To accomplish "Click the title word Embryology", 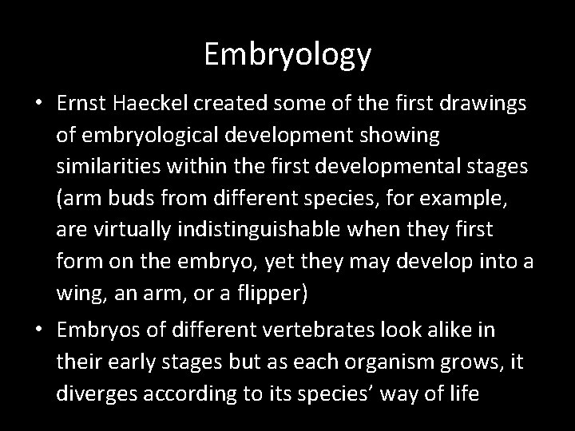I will [x=287, y=55].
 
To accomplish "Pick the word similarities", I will [x=101, y=168].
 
